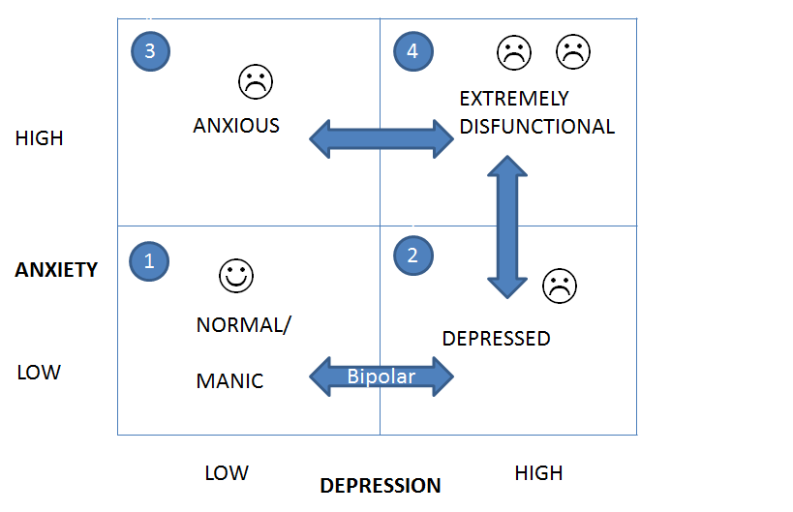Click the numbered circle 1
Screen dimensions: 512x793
point(149,260)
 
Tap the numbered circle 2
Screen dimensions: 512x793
point(413,256)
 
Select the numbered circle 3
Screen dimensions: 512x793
point(149,51)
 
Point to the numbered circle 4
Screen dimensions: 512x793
point(413,51)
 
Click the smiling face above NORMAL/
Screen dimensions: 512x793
point(235,276)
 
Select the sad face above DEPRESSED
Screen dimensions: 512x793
point(559,285)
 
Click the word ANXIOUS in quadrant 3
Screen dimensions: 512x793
point(236,126)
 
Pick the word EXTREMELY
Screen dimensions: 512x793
point(514,99)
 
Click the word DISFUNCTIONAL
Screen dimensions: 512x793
point(536,127)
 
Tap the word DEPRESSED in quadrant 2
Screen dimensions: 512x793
point(496,339)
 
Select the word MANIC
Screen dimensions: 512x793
point(229,381)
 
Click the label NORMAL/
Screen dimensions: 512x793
point(243,325)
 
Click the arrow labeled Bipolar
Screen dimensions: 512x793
point(381,376)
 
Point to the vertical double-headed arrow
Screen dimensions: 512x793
point(506,226)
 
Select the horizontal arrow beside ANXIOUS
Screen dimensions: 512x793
point(381,138)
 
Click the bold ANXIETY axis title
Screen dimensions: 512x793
point(56,270)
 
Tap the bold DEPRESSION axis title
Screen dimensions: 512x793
point(381,486)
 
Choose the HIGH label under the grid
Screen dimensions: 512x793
point(538,473)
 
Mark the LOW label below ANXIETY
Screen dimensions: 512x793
point(39,373)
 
